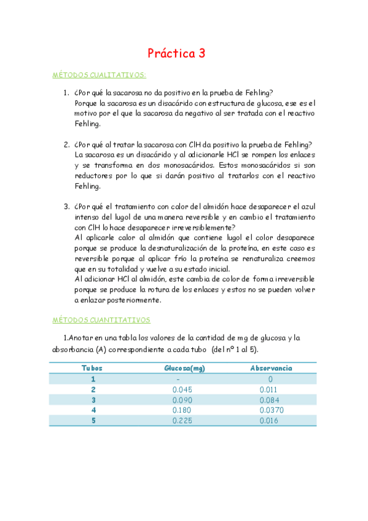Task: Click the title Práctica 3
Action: pos(176,53)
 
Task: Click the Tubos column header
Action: pos(92,368)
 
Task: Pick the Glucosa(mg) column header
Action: pos(184,368)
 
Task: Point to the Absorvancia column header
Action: pos(271,368)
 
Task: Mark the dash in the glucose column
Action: pos(178,379)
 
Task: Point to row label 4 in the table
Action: pos(93,410)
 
